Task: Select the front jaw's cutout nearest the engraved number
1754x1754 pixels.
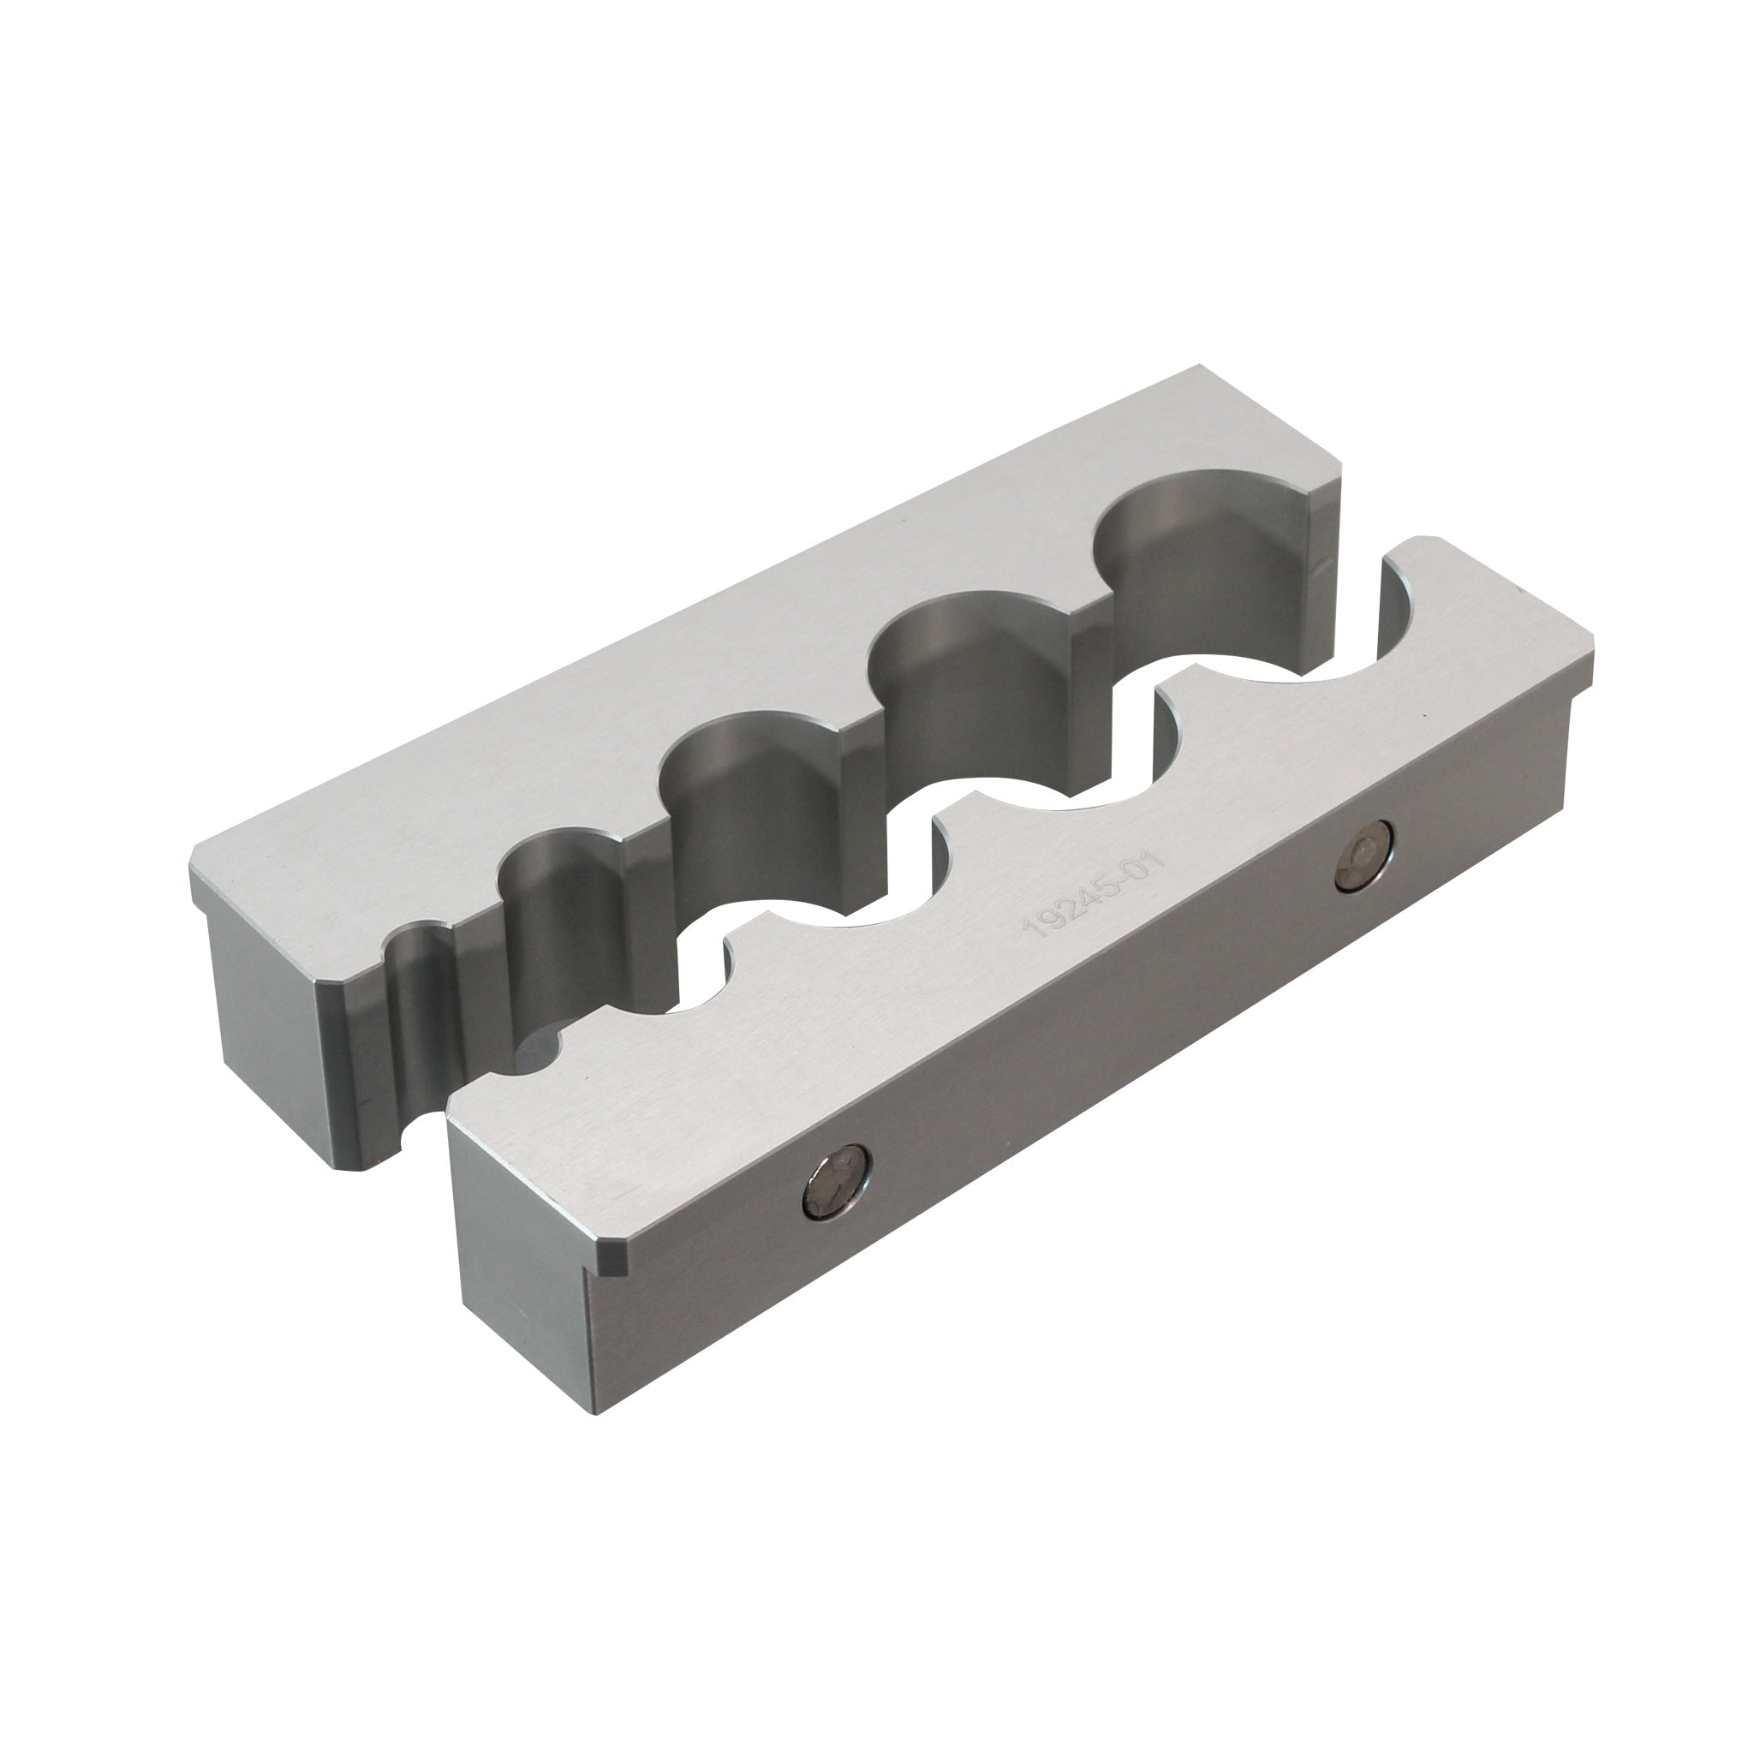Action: (1044, 799)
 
